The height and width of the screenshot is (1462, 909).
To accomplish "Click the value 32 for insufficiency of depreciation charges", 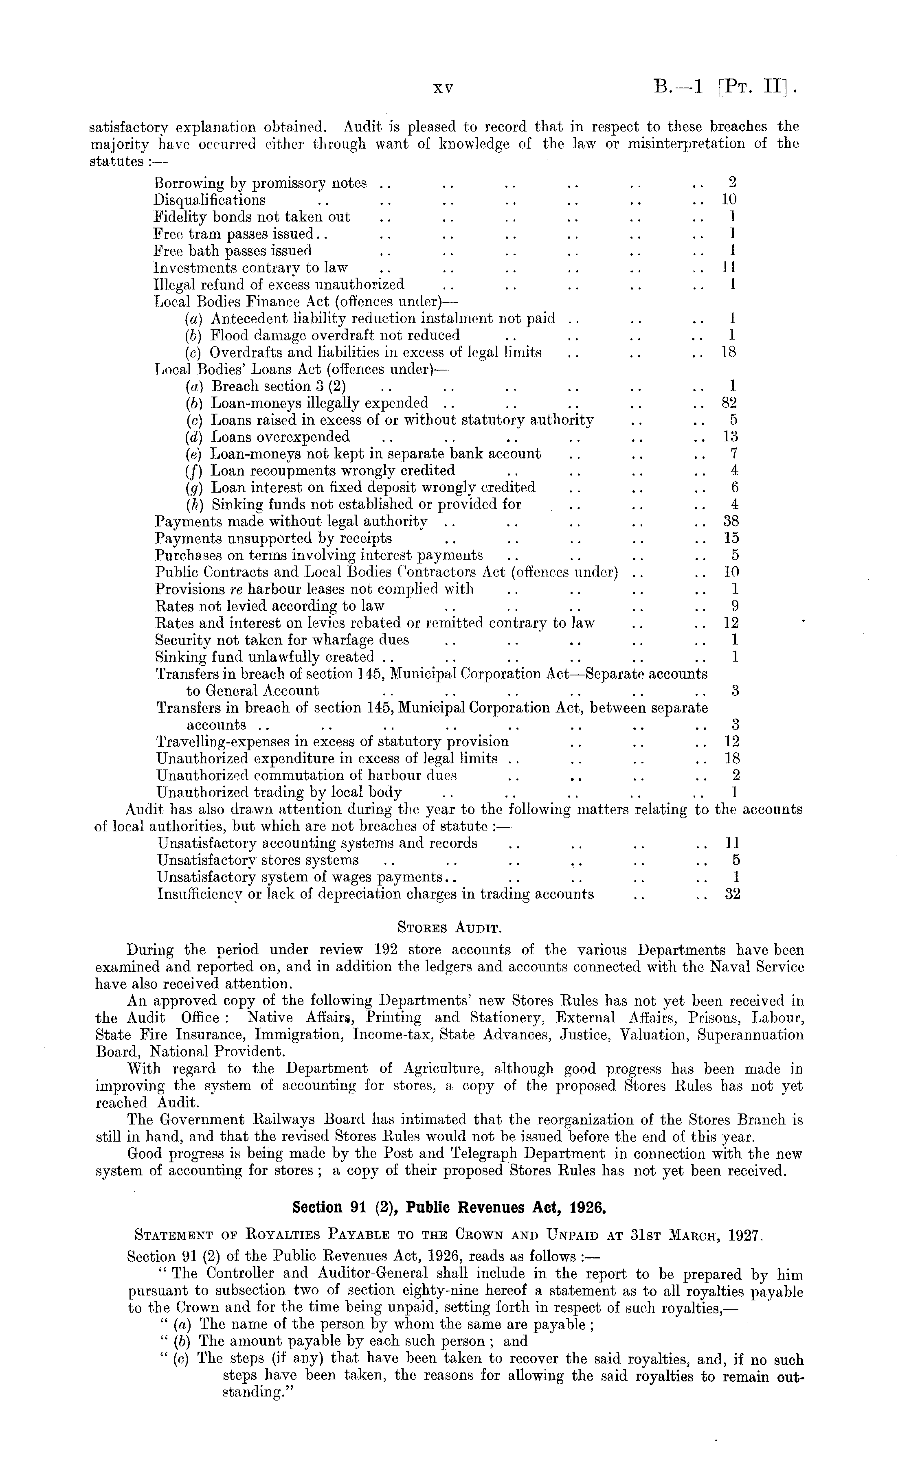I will point(732,894).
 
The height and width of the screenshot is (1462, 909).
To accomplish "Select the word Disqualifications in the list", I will point(210,199).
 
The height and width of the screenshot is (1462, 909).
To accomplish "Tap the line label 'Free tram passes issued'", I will point(234,234).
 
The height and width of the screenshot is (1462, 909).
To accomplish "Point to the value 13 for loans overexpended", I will point(731,436).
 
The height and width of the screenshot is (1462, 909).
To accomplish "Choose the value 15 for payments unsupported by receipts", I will point(731,538).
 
